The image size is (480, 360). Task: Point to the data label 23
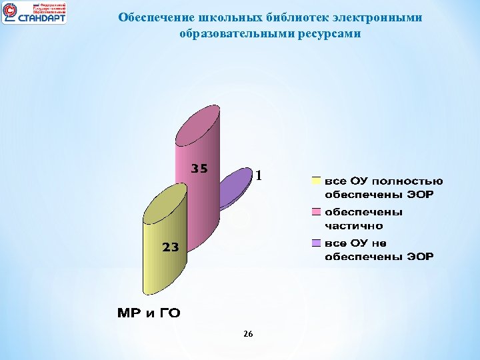coord(170,247)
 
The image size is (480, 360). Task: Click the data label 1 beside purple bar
coord(260,176)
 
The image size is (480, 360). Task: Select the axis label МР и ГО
coord(149,313)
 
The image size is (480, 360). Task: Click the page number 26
coord(248,334)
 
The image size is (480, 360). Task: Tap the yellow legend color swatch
coord(316,181)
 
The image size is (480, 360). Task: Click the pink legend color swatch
coord(316,212)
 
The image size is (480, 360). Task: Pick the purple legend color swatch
coord(316,243)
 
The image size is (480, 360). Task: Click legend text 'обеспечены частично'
coord(363,219)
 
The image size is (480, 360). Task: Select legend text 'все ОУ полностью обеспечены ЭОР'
coord(383,187)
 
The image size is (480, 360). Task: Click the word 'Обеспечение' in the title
coord(150,17)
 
